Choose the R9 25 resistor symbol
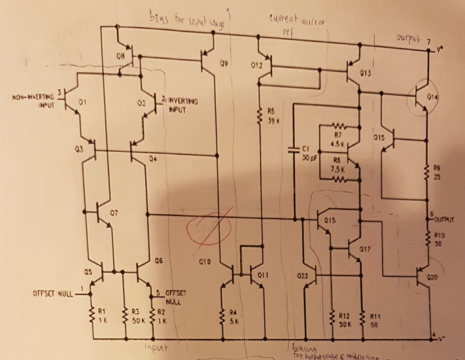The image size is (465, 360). (x=427, y=172)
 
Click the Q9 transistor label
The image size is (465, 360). (x=223, y=65)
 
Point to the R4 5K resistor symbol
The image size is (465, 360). (x=223, y=315)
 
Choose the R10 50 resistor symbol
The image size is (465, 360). (x=427, y=240)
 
